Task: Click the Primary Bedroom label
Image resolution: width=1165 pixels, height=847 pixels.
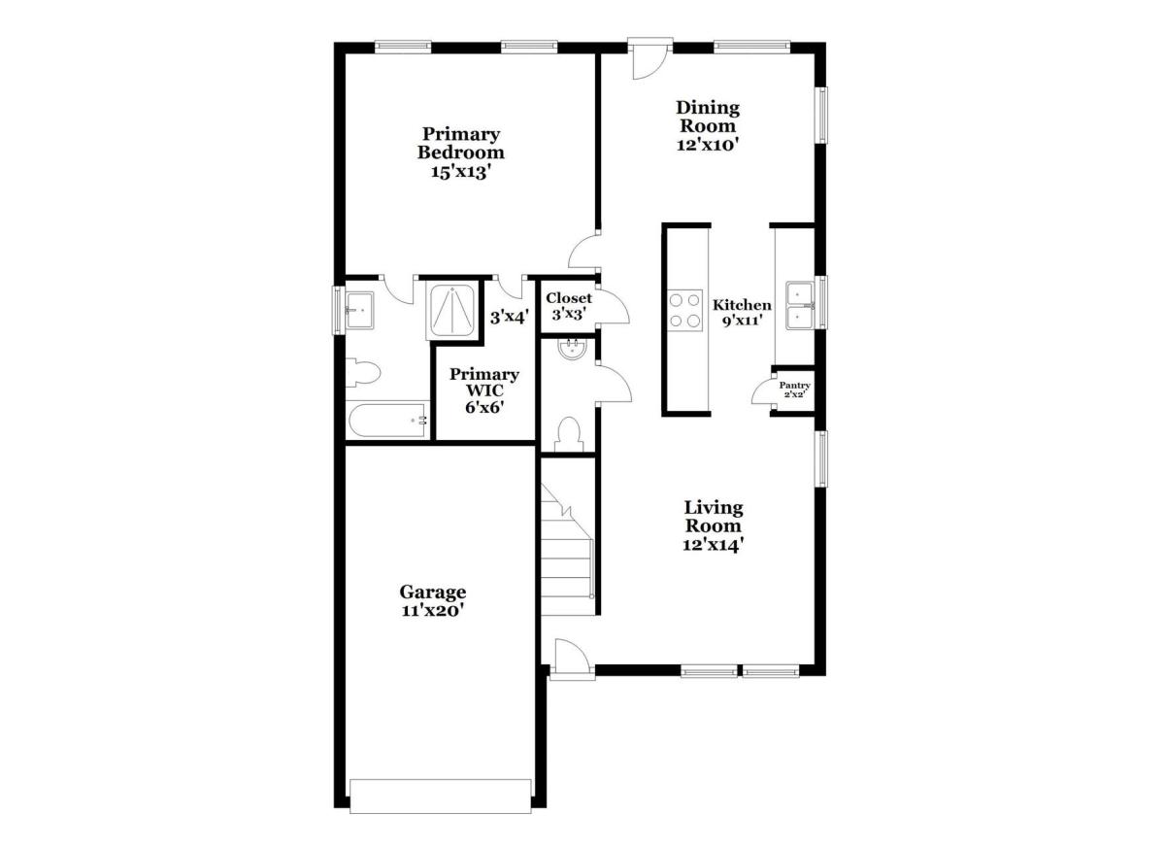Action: coord(461,143)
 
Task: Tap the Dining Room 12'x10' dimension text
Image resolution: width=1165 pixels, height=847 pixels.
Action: coord(708,145)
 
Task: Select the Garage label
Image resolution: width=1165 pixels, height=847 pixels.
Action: coord(433,593)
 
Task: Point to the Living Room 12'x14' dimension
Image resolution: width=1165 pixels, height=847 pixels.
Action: coord(713,545)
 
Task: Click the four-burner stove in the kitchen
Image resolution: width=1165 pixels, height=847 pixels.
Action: coord(685,310)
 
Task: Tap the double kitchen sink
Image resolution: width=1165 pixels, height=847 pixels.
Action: coord(800,305)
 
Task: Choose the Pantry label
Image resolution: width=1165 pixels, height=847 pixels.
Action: coord(794,386)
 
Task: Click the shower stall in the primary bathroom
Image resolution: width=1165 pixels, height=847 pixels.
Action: coord(452,311)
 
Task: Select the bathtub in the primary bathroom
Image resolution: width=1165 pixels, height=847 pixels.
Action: coord(388,420)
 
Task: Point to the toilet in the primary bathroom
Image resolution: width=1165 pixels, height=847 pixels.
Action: coord(363,373)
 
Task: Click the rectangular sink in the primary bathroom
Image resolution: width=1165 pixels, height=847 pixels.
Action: coord(360,310)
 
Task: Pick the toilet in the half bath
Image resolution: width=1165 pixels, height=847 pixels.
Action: coord(568,434)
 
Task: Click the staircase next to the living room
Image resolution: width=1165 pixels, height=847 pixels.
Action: coord(567,549)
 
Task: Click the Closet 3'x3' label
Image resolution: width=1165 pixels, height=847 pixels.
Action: coord(569,306)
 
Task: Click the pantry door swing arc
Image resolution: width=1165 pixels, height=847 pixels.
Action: coord(758,390)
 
